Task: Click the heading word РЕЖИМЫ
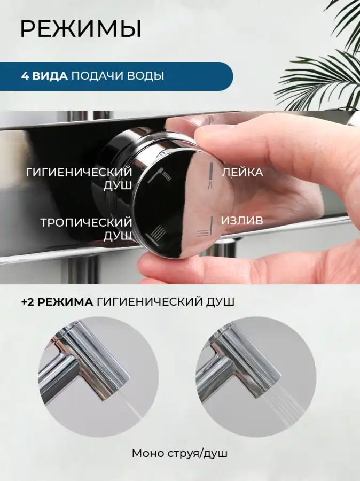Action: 81,29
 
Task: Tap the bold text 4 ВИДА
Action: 44,76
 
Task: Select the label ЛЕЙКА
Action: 242,172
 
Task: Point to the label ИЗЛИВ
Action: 242,220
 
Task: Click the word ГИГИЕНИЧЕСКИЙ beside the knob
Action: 79,172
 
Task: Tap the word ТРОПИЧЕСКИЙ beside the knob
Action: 86,222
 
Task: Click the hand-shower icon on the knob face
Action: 210,175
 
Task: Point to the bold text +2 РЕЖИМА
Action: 57,302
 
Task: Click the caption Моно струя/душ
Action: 179,453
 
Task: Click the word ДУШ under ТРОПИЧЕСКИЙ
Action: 118,236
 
